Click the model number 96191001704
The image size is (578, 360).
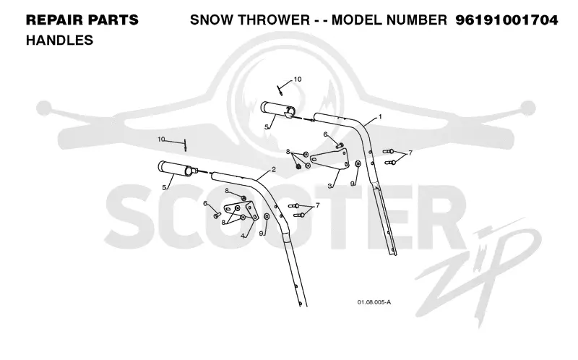pyautogui.click(x=506, y=20)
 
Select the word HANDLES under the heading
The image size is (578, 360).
pyautogui.click(x=59, y=40)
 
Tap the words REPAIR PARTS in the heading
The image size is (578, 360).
pyautogui.click(x=82, y=20)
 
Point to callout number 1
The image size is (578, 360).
pyautogui.click(x=380, y=116)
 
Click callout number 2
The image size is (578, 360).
pyautogui.click(x=274, y=169)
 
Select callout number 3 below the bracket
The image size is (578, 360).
pyautogui.click(x=330, y=187)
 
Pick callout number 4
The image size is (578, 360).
pyautogui.click(x=242, y=236)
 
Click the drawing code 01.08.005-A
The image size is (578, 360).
pyautogui.click(x=374, y=302)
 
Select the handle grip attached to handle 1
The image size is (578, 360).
pyautogui.click(x=277, y=110)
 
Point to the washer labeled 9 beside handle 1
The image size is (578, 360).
pyautogui.click(x=358, y=164)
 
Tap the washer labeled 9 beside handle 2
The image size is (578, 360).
pyautogui.click(x=267, y=216)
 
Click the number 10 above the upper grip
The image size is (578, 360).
pyautogui.click(x=298, y=80)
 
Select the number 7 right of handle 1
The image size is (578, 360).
pyautogui.click(x=410, y=153)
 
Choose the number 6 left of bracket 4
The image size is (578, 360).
pyautogui.click(x=205, y=204)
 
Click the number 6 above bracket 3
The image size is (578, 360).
pyautogui.click(x=326, y=134)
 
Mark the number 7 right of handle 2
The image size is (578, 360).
pyautogui.click(x=317, y=205)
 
